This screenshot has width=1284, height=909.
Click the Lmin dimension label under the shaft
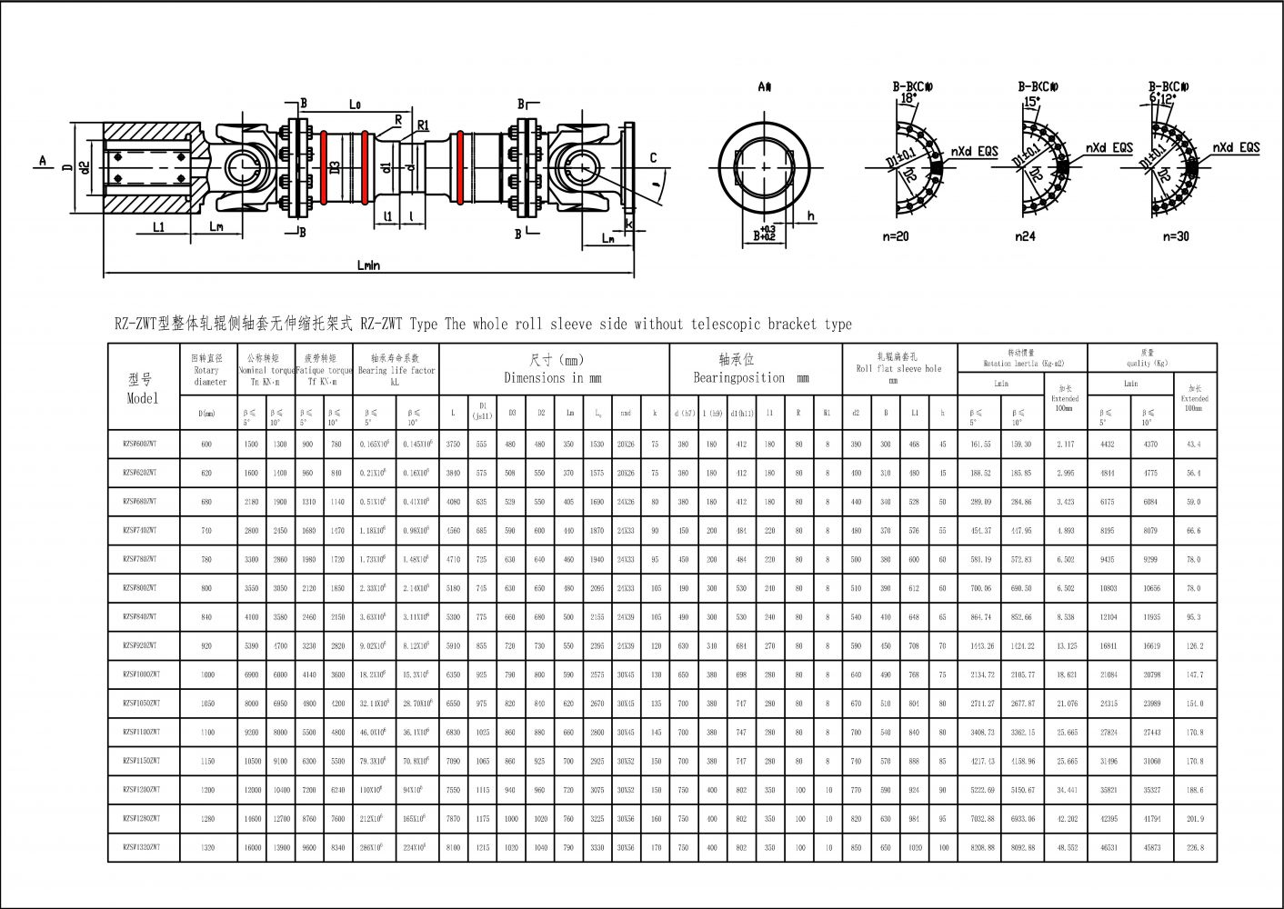tap(367, 265)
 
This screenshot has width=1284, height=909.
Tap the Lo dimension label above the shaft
tap(356, 105)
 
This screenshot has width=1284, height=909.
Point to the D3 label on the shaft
tap(335, 166)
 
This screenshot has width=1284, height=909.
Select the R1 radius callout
tap(423, 126)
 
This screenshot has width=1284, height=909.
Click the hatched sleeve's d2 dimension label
tap(84, 167)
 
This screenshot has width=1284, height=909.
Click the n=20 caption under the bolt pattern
tap(896, 236)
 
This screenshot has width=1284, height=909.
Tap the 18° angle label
tap(908, 98)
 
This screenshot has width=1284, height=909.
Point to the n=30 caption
tap(1175, 236)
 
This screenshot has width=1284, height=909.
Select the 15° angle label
tap(1031, 103)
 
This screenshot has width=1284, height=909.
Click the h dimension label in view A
tap(811, 216)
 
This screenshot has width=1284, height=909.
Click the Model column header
tap(142, 388)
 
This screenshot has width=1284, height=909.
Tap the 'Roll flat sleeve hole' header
tap(898, 369)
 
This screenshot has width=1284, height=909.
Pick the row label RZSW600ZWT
tap(140, 445)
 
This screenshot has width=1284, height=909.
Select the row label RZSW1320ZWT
tap(141, 847)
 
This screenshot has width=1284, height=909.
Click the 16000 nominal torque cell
tap(251, 847)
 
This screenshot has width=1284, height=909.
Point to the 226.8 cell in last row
tap(1194, 847)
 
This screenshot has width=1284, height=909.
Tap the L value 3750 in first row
tap(453, 445)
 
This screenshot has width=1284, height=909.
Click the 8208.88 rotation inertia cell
tap(981, 847)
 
